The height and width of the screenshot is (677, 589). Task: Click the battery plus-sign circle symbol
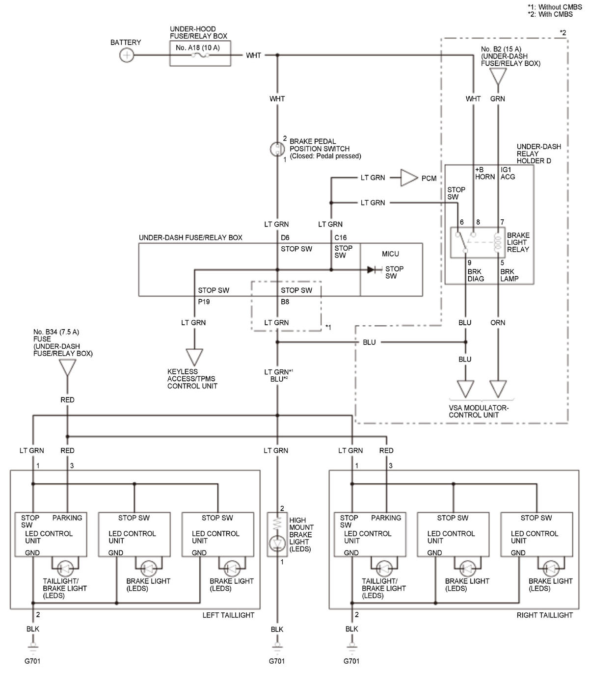(x=127, y=55)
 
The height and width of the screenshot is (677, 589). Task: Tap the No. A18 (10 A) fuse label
(x=198, y=48)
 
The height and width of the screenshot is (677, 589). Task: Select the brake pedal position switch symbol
(x=277, y=149)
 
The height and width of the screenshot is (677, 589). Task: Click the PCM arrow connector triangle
(x=409, y=178)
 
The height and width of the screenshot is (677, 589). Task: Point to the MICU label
(x=390, y=254)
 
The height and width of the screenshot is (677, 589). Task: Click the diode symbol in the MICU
(x=372, y=270)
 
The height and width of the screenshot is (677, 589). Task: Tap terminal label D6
(x=285, y=237)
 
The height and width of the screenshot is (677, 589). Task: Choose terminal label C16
(x=340, y=237)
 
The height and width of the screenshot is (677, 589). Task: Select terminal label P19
(x=204, y=302)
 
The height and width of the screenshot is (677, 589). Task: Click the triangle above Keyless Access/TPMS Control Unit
(x=194, y=357)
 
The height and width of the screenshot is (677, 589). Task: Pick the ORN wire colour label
(x=498, y=323)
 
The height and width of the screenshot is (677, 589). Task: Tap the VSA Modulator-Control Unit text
(x=479, y=412)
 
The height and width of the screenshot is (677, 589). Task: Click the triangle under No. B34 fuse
(x=68, y=367)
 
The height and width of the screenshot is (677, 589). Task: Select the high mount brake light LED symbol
(x=277, y=544)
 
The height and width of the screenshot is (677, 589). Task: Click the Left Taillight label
(x=228, y=615)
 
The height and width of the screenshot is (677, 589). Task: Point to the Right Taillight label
(x=545, y=615)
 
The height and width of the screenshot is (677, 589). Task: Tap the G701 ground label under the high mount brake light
(x=277, y=661)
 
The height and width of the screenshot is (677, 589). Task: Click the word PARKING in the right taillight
(x=386, y=518)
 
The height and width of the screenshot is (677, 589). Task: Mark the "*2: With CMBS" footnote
(x=550, y=14)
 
